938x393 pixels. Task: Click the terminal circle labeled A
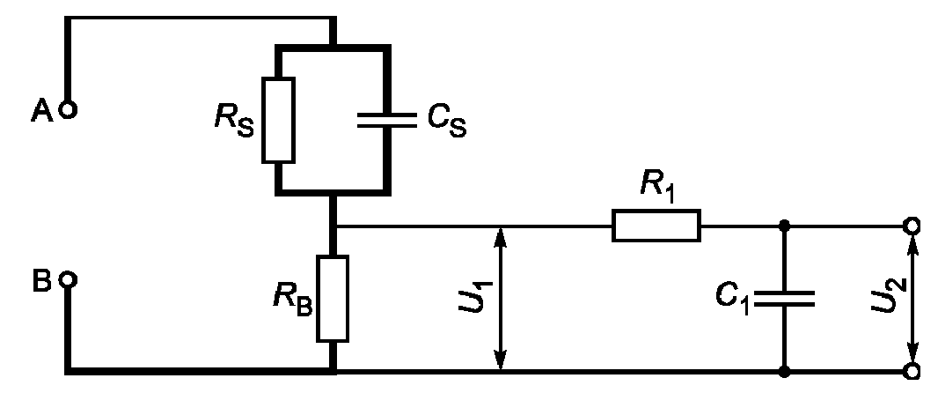click(69, 110)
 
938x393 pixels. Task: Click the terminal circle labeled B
click(69, 280)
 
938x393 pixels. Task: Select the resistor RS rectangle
click(278, 120)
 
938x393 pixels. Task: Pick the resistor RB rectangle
click(332, 299)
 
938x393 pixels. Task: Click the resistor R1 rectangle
click(656, 226)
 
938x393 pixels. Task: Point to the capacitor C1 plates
click(784, 299)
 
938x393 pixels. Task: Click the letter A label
click(42, 111)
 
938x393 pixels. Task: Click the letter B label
click(42, 281)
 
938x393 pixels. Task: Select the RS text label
click(234, 119)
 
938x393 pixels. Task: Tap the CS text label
click(447, 119)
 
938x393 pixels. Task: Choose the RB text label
click(293, 299)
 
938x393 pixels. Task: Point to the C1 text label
click(733, 299)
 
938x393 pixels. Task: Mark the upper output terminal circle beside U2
click(911, 226)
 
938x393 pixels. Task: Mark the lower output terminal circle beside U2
click(911, 372)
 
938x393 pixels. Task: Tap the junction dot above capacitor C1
click(784, 226)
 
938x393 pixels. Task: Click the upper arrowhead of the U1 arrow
click(501, 237)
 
